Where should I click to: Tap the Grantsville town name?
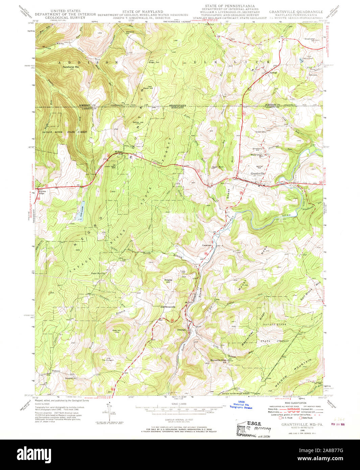point(258,173)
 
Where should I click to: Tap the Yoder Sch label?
point(261,132)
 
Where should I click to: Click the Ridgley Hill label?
point(168,281)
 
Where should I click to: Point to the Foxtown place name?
point(55,371)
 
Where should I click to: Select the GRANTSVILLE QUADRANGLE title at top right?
point(296,12)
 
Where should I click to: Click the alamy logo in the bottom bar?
point(33,453)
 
